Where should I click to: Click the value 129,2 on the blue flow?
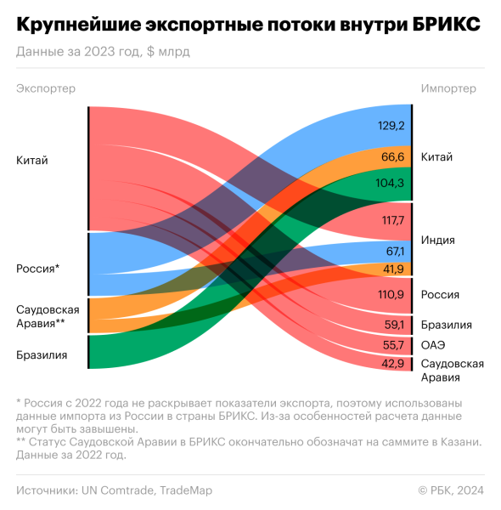(x=391, y=126)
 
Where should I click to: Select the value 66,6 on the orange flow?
(x=392, y=157)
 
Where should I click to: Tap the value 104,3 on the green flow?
(x=391, y=183)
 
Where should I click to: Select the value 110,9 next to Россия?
(x=391, y=295)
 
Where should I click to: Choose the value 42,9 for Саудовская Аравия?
(x=392, y=364)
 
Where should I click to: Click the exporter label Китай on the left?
(x=32, y=161)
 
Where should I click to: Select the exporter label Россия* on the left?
(x=38, y=269)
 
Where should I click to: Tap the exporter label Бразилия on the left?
(x=42, y=355)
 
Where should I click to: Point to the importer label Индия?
(x=438, y=241)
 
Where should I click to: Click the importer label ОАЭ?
(x=433, y=345)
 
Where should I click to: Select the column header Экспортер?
(x=46, y=88)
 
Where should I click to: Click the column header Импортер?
(x=448, y=88)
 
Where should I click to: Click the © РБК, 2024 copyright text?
(x=451, y=490)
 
